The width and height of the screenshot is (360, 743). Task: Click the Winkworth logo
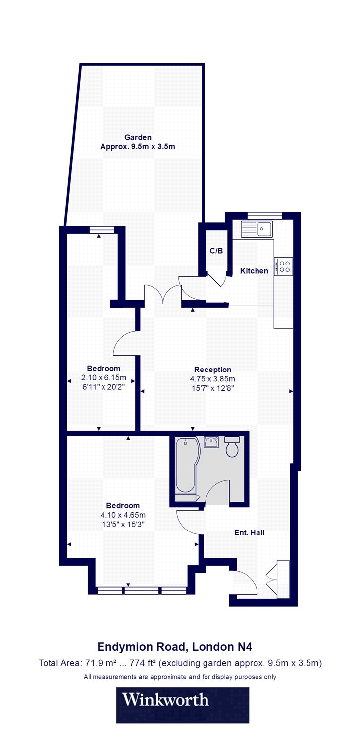166,700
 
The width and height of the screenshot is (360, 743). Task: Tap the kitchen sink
256,230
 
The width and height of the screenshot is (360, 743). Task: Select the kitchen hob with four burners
284,266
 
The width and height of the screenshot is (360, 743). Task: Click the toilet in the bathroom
231,447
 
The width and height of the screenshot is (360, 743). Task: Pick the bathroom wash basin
212,441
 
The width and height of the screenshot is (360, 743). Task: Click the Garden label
138,137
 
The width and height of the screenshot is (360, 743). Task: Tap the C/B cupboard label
216,251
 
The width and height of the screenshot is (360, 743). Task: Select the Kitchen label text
254,271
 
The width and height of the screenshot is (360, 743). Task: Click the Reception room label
212,370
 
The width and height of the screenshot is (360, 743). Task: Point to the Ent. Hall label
249,533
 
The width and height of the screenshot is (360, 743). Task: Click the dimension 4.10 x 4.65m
123,515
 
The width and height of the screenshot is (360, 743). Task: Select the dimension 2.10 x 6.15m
103,378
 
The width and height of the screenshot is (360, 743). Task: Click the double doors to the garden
162,293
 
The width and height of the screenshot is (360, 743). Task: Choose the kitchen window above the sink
264,215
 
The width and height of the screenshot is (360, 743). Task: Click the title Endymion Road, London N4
178,646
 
